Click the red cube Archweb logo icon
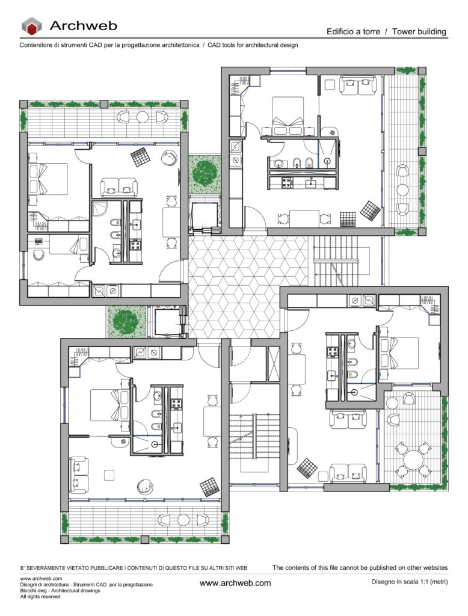31,25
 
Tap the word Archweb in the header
83,25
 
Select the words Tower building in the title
419,31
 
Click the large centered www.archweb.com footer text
235,583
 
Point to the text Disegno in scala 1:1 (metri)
410,582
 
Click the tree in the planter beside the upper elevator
205,174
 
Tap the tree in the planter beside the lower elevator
126,321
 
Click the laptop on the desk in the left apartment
38,241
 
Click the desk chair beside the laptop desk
38,254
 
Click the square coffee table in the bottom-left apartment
109,475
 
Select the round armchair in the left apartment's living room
168,158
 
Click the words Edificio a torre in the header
353,31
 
